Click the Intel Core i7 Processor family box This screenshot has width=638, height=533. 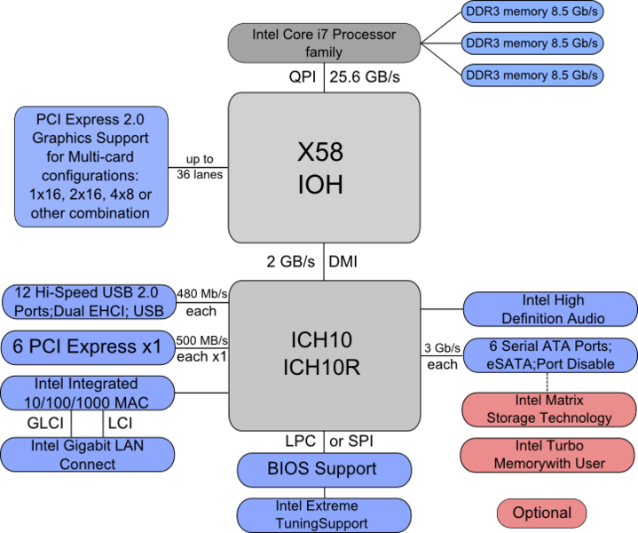[324, 44]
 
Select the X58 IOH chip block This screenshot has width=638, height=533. [324, 167]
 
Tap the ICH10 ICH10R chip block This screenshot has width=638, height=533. [324, 354]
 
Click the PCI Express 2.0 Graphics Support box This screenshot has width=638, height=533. [91, 166]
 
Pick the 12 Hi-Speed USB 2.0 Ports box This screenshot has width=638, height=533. [89, 302]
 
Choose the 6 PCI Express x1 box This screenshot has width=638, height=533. [87, 347]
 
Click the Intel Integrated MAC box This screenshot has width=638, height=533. [87, 394]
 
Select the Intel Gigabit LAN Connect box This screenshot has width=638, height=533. [87, 454]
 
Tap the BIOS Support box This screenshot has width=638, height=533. [324, 470]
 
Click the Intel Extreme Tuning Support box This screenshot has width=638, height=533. [324, 515]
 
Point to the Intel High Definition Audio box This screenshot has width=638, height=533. [550, 309]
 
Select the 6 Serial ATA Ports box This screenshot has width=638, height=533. [550, 354]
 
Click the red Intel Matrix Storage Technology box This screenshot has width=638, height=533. [550, 410]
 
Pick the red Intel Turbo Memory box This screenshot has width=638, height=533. [550, 454]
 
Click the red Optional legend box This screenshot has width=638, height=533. [541, 513]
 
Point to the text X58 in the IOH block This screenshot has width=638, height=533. [320, 152]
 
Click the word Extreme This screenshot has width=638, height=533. [330, 506]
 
